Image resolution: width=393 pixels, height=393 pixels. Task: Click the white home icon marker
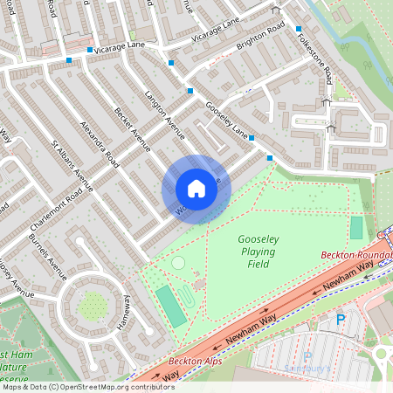(196, 189)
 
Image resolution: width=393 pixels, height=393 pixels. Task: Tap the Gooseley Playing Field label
(256, 252)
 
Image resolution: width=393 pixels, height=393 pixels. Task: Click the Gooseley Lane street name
(226, 121)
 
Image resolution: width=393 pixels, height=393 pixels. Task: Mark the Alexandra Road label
(98, 141)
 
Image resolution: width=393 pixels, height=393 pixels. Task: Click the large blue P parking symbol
(341, 321)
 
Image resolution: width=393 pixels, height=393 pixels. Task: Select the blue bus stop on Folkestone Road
(299, 29)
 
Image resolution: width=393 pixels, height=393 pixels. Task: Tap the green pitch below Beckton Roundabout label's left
(355, 228)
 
